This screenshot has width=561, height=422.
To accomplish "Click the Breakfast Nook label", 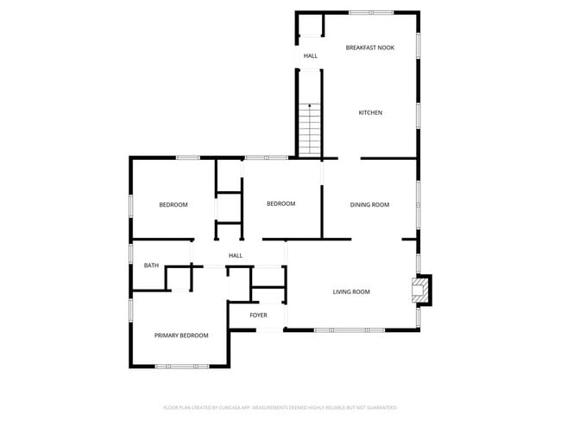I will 369,48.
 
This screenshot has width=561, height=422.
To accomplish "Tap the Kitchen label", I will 370,112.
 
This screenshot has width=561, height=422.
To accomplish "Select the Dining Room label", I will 369,205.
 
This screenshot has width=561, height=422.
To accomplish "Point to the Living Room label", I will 351,292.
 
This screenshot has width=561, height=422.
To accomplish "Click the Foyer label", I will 258,315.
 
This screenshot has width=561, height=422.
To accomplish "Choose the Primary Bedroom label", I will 181,336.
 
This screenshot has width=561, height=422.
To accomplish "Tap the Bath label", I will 151,265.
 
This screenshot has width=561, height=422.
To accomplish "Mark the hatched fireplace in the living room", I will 420,290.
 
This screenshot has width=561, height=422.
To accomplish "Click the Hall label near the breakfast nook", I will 310,56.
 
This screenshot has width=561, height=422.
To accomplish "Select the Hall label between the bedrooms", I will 235,256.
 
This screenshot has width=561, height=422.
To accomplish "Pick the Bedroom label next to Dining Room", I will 280,204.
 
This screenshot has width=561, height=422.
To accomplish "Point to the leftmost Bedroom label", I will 173,205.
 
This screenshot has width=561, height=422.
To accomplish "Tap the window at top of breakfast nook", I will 372,12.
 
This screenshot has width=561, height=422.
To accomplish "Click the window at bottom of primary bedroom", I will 181,367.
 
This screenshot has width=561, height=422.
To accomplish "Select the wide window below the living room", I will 350,329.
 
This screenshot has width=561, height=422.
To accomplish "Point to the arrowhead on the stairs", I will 310,105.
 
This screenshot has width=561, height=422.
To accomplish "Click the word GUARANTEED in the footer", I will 380,407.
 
